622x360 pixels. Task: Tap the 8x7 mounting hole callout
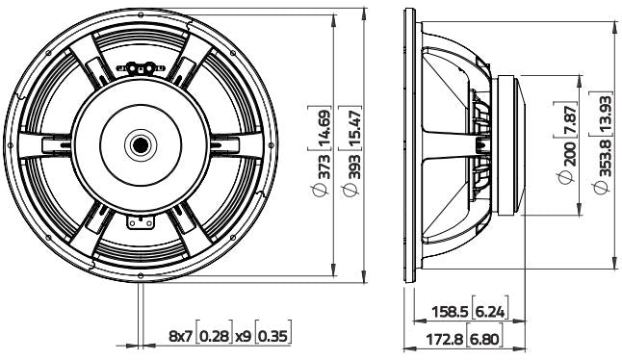(179, 336)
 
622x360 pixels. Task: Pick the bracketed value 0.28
(215, 336)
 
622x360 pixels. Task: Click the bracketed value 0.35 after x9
(273, 336)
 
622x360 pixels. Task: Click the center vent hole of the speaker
(142, 144)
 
